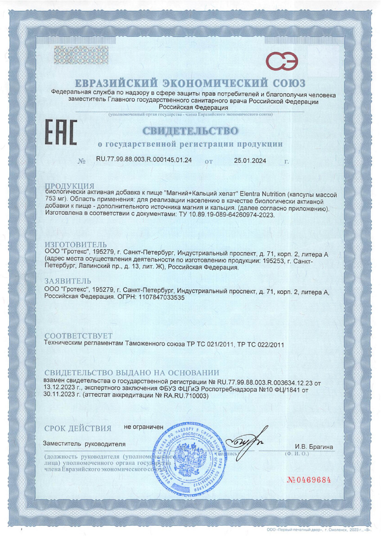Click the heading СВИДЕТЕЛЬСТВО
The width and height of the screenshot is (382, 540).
(x=190, y=131)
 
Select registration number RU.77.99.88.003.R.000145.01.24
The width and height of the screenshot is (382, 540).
(x=144, y=160)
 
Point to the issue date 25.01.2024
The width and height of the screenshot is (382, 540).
(x=251, y=160)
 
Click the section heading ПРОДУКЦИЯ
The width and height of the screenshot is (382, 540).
(x=70, y=186)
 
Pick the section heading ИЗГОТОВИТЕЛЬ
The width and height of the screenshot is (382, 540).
(x=76, y=245)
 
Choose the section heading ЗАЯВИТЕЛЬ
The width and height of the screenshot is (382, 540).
(x=69, y=281)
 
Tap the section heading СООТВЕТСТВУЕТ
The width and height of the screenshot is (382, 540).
(x=78, y=336)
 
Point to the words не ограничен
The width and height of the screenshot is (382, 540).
(x=144, y=426)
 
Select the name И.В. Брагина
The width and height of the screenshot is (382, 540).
(x=314, y=447)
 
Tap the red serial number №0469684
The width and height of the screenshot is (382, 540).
(x=309, y=480)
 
